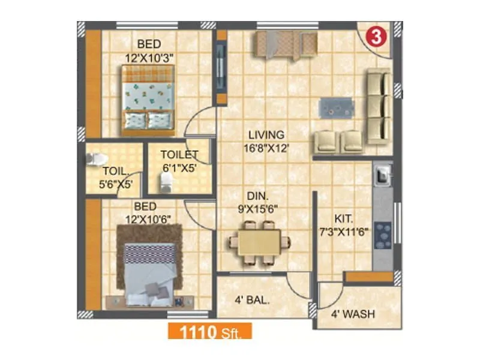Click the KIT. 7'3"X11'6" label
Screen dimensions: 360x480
coord(344,224)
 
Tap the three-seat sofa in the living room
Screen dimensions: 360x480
coord(379,106)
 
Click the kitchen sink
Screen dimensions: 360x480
coord(382,175)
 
